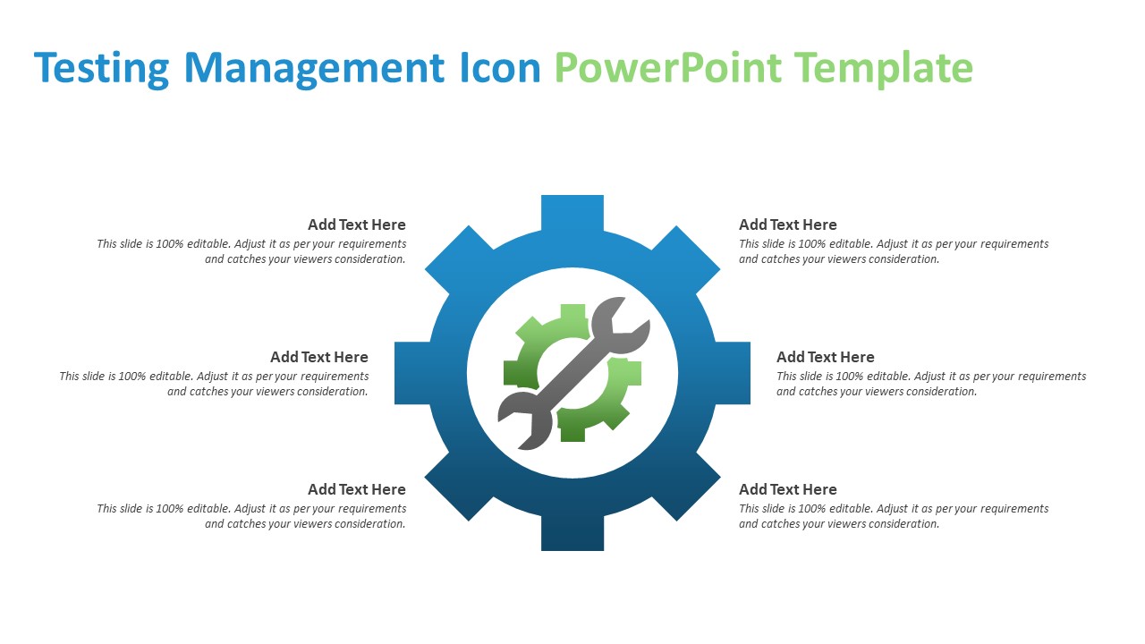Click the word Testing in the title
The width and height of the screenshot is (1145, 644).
(101, 69)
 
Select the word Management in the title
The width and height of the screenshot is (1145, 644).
(313, 69)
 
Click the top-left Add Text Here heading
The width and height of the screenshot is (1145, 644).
(356, 225)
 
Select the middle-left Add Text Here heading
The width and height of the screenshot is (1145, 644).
(318, 357)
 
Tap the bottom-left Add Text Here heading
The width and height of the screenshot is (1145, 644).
(356, 489)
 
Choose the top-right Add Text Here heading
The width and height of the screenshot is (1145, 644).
(787, 225)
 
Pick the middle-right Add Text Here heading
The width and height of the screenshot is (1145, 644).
(825, 357)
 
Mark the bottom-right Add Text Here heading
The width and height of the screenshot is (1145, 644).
(787, 489)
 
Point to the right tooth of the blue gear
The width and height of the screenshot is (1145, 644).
(733, 373)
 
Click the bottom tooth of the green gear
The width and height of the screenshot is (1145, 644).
(572, 433)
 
